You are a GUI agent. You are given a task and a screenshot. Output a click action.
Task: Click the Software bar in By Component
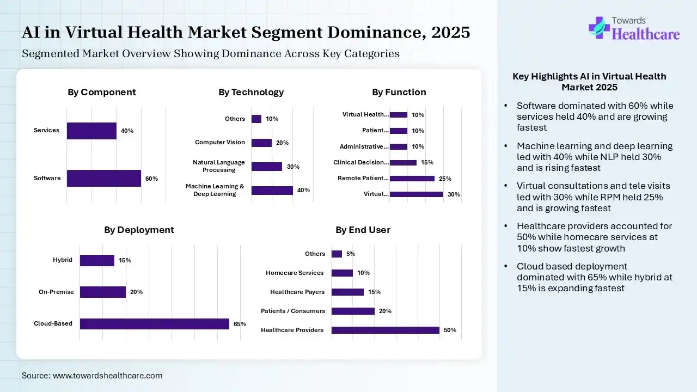103,178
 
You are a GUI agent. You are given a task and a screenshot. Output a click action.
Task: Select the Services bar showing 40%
91,131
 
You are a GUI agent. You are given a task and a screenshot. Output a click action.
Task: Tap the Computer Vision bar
261,143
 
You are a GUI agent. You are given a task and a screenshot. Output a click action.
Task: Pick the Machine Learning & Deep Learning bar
272,190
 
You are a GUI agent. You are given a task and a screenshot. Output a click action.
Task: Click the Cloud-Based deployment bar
154,323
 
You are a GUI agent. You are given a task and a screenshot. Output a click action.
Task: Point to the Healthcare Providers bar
385,330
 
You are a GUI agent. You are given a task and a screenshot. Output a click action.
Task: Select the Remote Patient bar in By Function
412,178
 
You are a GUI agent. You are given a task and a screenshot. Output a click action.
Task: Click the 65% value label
240,324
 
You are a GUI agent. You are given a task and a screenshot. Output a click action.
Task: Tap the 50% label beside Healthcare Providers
450,330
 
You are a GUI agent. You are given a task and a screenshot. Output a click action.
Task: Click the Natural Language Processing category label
219,166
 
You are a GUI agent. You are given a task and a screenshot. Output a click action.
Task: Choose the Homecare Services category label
295,273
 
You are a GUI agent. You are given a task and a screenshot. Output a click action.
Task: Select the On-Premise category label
56,292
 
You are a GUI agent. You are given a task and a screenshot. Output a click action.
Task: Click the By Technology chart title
251,92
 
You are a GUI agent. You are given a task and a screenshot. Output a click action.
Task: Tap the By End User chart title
363,230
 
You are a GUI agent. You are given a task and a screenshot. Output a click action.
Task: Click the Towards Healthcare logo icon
598,27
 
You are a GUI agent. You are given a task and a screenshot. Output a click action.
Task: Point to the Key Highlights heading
589,82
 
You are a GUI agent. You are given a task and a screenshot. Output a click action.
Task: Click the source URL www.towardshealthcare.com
107,376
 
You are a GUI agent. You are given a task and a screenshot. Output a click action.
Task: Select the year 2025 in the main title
450,33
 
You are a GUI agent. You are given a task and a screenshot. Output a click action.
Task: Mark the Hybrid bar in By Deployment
97,260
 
